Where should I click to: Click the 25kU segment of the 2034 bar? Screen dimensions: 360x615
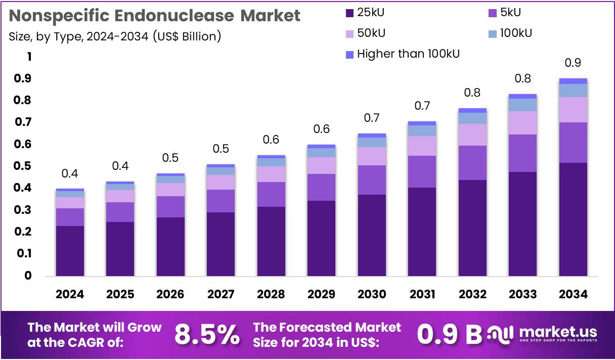tap(573, 219)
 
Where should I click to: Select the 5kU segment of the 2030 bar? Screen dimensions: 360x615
tap(372, 179)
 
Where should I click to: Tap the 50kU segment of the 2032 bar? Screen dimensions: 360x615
tap(472, 134)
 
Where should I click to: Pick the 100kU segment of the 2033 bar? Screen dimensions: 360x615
tap(522, 105)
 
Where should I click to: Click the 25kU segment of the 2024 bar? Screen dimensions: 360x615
tap(70, 250)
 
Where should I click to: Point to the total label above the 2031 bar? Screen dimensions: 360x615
tap(422, 106)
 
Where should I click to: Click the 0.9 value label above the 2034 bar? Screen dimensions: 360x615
tap(573, 63)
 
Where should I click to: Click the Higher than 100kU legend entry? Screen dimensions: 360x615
tap(408, 54)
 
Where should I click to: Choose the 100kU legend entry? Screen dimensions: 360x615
tap(515, 33)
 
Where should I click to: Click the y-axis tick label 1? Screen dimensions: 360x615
tap(29, 57)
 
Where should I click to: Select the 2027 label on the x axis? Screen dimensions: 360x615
tap(221, 294)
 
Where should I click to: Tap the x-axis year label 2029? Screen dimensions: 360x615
tap(321, 294)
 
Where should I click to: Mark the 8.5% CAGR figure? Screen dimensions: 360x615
tap(207, 334)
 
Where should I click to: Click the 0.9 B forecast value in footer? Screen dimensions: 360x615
tap(449, 334)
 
